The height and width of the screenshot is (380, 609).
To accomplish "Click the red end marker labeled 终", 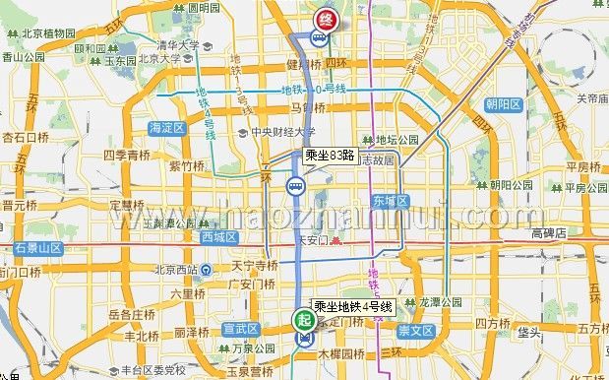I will click(x=324, y=19).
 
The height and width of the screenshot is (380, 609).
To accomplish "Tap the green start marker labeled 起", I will click(x=303, y=319).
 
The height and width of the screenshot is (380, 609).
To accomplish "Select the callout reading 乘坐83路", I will click(x=330, y=155).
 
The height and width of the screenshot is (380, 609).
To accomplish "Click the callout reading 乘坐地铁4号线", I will click(x=353, y=307).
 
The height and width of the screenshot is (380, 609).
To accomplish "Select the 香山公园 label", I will click(x=24, y=57).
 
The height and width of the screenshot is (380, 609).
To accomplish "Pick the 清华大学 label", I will click(x=178, y=44).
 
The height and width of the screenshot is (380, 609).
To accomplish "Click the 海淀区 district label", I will click(x=166, y=128).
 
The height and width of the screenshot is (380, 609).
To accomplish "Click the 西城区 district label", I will click(x=218, y=236).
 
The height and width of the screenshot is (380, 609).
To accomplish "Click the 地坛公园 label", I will click(x=396, y=140).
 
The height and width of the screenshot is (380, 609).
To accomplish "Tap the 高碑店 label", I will click(x=548, y=233).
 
